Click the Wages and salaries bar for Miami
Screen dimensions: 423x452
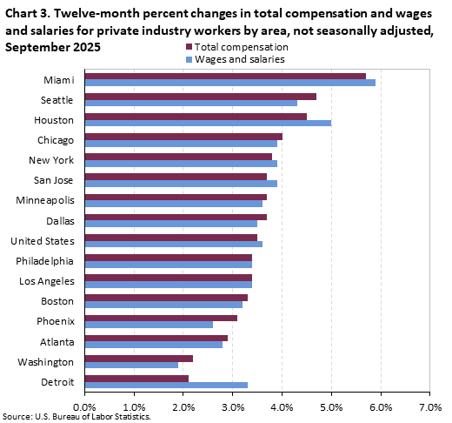(x=229, y=83)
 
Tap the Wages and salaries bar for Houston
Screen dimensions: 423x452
(x=208, y=124)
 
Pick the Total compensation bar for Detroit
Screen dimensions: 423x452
(x=136, y=377)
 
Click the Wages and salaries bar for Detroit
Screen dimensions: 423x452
(x=166, y=385)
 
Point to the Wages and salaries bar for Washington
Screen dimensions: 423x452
(x=131, y=365)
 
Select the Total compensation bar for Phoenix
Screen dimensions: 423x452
(x=161, y=317)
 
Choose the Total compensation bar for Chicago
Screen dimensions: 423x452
(x=183, y=136)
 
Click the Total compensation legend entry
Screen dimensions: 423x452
(x=235, y=46)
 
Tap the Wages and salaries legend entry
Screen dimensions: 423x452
(x=235, y=58)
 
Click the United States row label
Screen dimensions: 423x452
(x=41, y=240)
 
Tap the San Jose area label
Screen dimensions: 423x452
(x=53, y=180)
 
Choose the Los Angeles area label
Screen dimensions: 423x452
(x=45, y=281)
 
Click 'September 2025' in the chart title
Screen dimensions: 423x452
(x=52, y=46)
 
